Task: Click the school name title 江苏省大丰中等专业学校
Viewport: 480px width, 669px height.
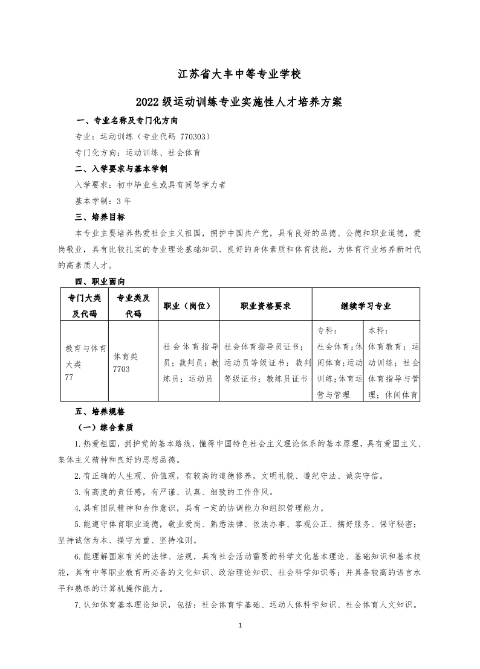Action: (x=239, y=75)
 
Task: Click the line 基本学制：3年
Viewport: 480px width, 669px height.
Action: (x=102, y=200)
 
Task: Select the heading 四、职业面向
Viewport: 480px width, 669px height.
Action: (x=100, y=281)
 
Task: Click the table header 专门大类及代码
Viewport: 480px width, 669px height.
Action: (x=85, y=306)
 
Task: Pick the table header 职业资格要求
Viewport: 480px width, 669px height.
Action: (x=265, y=306)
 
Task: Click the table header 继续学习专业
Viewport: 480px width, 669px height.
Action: (x=366, y=306)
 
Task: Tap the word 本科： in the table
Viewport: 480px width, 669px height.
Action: (x=378, y=331)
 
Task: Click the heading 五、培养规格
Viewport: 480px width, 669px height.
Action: (x=100, y=411)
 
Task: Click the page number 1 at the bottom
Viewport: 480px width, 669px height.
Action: (x=240, y=625)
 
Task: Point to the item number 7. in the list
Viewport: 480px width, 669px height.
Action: (x=77, y=604)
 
